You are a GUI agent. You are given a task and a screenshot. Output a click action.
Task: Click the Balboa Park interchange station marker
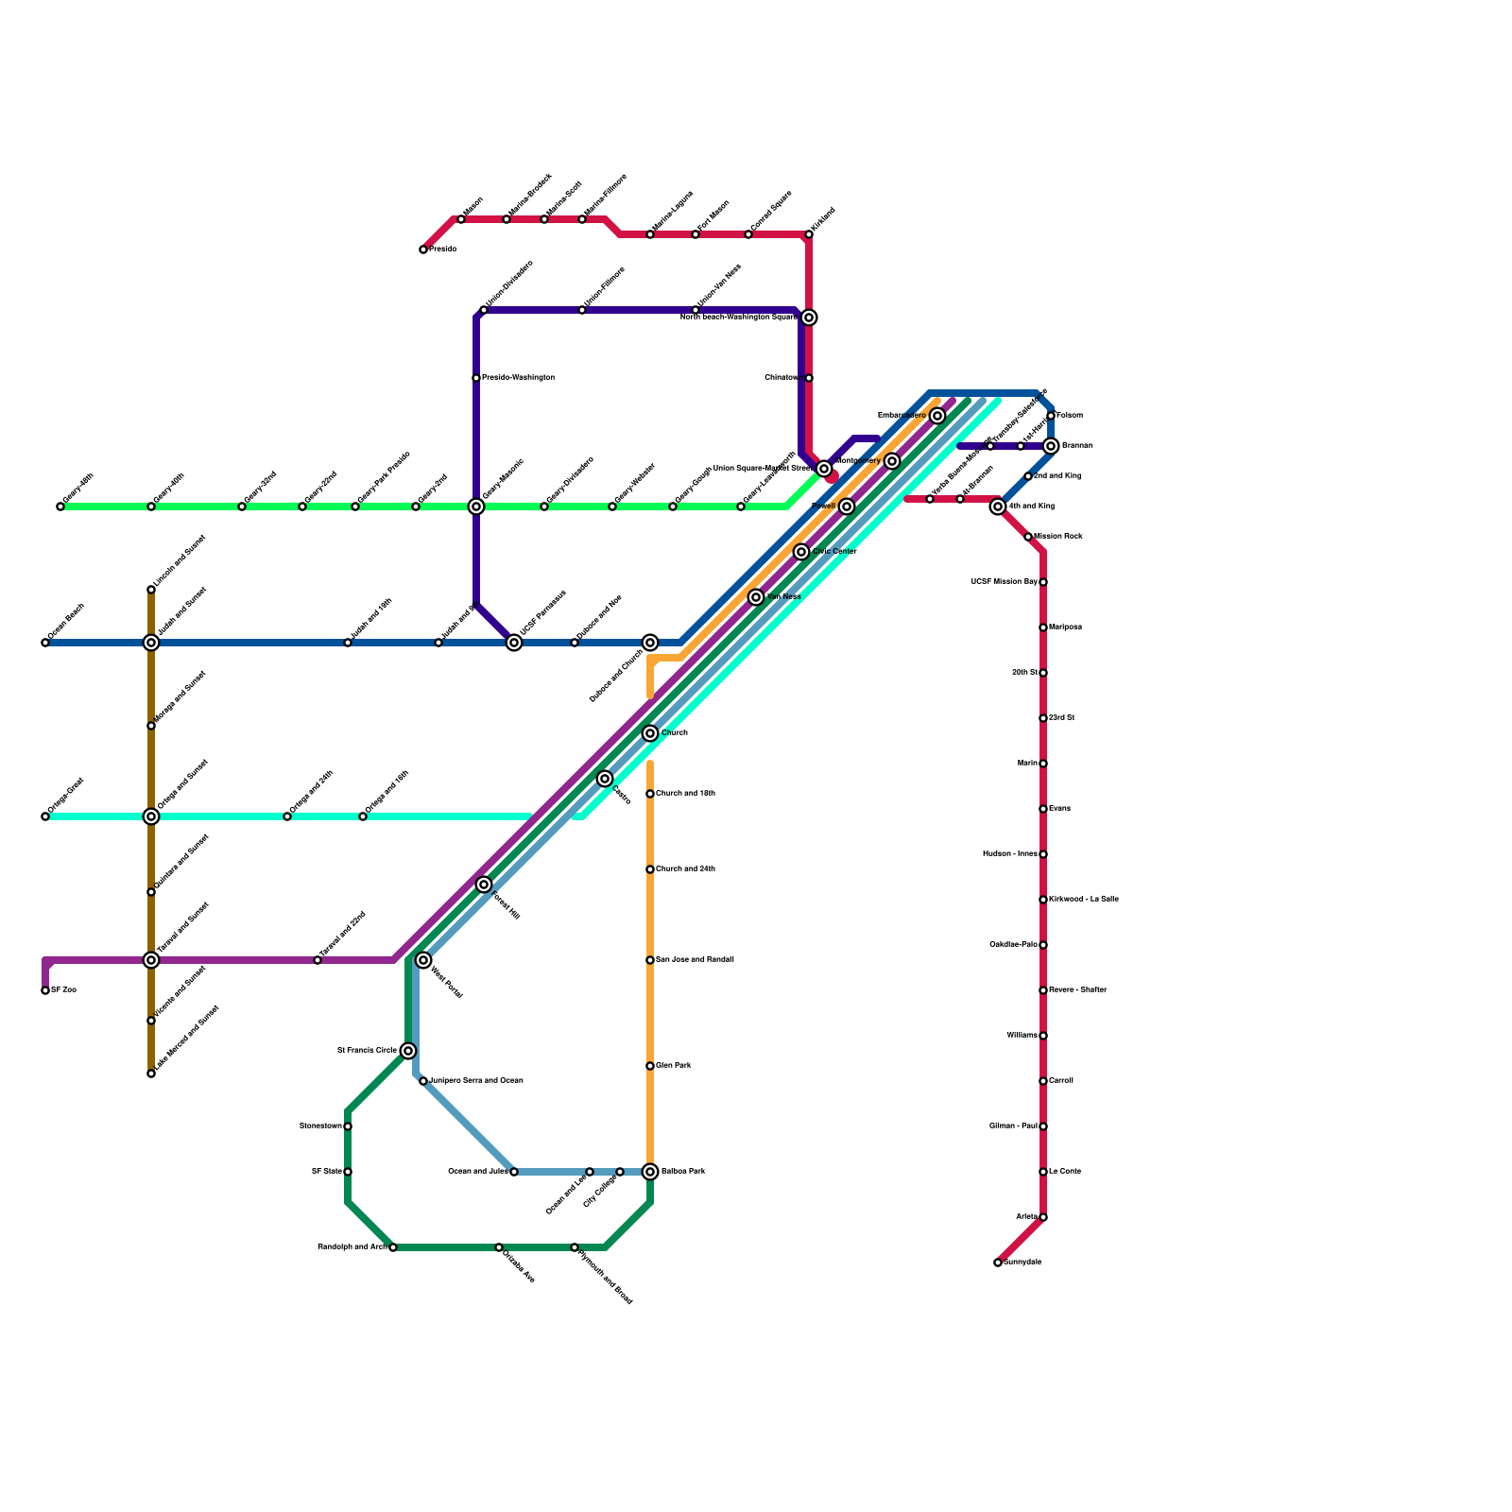point(650,1172)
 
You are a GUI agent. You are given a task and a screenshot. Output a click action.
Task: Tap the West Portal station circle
point(423,960)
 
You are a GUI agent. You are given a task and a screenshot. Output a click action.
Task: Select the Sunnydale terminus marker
point(998,1263)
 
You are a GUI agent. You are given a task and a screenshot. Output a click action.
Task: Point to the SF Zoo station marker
point(45,990)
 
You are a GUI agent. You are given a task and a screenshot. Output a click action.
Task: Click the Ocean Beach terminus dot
point(45,643)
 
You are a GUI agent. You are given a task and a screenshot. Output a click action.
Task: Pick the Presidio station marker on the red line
point(423,249)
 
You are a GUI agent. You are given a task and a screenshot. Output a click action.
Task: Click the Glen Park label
point(674,1066)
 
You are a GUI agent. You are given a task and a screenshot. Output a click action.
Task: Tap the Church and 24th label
point(685,869)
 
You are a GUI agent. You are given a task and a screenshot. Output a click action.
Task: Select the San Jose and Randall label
point(695,960)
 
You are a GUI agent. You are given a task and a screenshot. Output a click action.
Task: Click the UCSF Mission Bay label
point(1004,582)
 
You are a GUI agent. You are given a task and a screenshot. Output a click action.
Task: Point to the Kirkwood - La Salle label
point(1084,900)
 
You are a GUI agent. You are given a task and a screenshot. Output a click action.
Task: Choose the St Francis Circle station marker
point(408,1051)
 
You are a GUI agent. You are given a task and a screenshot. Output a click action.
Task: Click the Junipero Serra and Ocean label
point(476,1081)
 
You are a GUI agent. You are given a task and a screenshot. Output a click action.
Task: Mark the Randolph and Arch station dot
point(393,1247)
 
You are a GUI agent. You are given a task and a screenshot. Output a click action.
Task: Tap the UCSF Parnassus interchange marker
point(514,643)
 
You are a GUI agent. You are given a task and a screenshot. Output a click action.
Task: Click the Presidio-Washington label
point(518,378)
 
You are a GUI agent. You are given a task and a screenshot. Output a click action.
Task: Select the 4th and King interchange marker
point(998,507)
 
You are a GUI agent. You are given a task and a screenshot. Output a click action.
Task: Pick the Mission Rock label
point(1058,537)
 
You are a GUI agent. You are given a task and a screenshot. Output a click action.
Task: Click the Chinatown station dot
point(809,378)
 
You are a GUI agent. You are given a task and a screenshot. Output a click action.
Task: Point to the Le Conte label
point(1065,1172)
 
